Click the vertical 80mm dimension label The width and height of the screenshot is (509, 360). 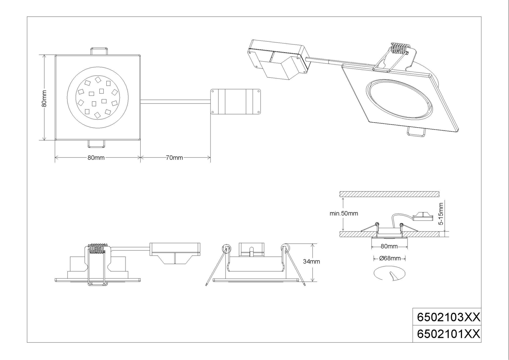tap(44, 99)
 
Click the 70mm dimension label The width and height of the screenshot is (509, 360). tap(174, 158)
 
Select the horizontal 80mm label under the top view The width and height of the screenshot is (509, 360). tap(96, 158)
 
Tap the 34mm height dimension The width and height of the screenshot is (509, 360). tap(311, 262)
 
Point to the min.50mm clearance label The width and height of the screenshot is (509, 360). tap(344, 214)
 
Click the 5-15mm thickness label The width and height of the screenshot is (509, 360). tap(441, 214)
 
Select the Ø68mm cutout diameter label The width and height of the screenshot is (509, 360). tap(390, 259)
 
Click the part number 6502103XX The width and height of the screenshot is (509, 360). tap(448, 317)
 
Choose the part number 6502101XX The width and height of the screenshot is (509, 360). tap(448, 334)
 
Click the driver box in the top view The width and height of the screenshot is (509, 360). tap(235, 101)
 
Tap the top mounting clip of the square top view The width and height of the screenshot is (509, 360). tap(99, 51)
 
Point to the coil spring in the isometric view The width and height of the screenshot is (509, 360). tap(399, 48)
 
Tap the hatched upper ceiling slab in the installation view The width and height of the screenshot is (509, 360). tap(389, 194)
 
